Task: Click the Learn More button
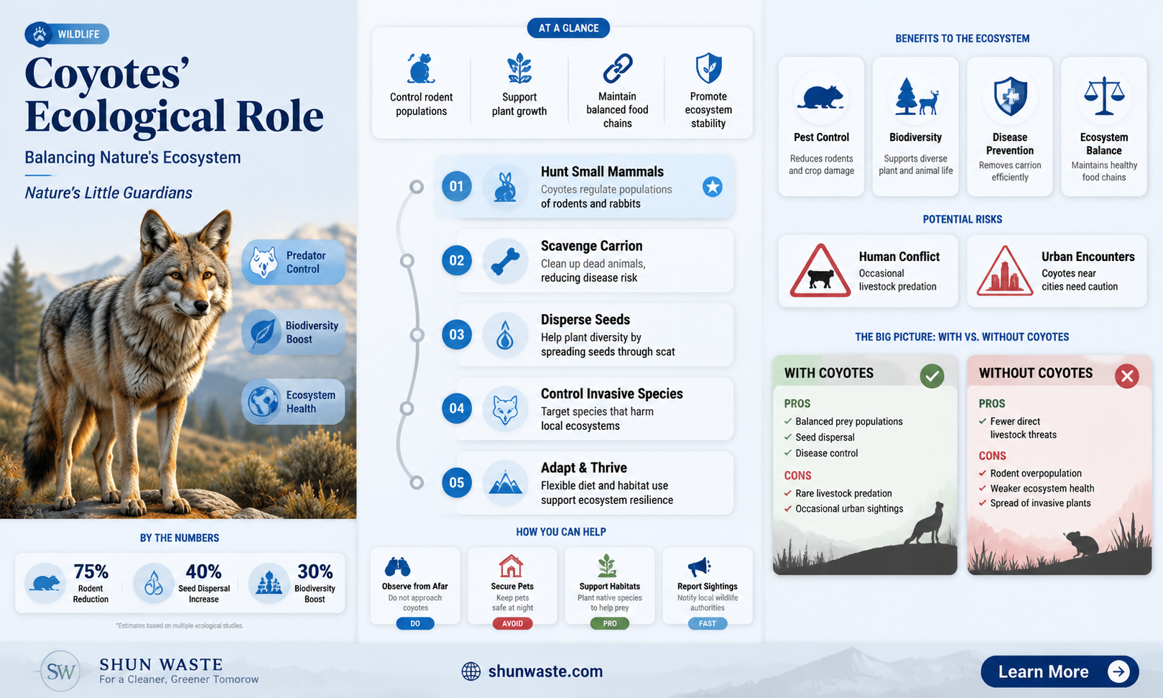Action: (x=1059, y=671)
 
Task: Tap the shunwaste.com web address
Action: (x=545, y=671)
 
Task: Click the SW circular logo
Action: (x=61, y=671)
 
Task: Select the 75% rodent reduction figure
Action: (x=91, y=571)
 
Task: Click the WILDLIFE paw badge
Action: (x=67, y=35)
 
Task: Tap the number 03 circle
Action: (x=456, y=334)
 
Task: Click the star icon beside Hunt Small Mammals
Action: (x=713, y=187)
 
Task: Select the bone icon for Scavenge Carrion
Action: (x=505, y=261)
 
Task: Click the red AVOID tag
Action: (x=512, y=623)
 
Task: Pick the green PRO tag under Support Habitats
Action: (x=610, y=623)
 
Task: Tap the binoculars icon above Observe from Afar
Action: (x=398, y=566)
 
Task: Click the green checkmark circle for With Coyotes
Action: (x=932, y=376)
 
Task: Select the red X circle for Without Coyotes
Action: (x=1126, y=376)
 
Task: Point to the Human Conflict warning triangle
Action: (x=820, y=271)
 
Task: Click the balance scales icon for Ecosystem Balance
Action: (x=1104, y=96)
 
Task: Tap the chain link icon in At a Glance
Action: (x=617, y=68)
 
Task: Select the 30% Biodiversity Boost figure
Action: (x=315, y=571)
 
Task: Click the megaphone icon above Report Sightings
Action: (x=699, y=566)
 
